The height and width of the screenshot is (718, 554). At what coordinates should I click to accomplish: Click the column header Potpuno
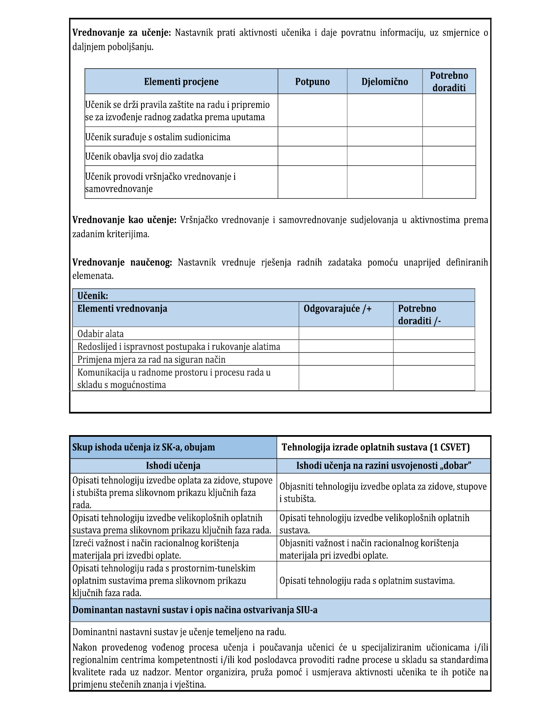click(x=312, y=82)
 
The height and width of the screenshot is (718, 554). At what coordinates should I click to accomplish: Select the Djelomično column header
click(x=385, y=82)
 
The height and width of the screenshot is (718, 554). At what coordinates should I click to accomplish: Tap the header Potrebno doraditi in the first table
click(x=449, y=82)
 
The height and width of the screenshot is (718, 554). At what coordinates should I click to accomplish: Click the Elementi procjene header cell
click(x=181, y=82)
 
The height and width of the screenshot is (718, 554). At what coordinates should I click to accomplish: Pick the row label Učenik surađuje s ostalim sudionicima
click(x=158, y=137)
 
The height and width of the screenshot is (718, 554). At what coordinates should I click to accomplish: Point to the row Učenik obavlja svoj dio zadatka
click(x=144, y=156)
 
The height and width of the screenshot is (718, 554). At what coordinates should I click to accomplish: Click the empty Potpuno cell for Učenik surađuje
click(x=312, y=137)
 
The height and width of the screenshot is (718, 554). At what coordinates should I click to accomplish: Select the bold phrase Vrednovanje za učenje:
click(x=122, y=33)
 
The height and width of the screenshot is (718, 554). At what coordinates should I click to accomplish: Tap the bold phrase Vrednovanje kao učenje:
click(x=124, y=220)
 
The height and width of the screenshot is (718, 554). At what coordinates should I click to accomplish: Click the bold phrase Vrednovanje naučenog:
click(x=122, y=263)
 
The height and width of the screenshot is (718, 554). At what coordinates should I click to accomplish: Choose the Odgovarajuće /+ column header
click(x=338, y=309)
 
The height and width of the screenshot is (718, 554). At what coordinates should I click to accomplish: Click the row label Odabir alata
click(x=101, y=334)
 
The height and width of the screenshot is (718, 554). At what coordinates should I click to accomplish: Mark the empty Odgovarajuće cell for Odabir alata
click(x=346, y=334)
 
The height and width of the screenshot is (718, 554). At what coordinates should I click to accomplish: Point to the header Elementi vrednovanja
click(x=122, y=309)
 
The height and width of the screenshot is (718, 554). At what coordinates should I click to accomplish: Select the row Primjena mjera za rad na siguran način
click(x=151, y=359)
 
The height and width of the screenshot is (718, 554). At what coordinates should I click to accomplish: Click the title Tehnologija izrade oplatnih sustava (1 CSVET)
click(x=375, y=447)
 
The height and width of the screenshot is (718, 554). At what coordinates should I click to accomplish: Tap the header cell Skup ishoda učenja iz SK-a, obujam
click(x=143, y=447)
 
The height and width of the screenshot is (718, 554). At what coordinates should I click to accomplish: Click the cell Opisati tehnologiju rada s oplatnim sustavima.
click(x=367, y=581)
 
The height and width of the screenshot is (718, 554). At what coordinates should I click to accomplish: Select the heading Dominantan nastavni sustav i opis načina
click(x=195, y=610)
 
